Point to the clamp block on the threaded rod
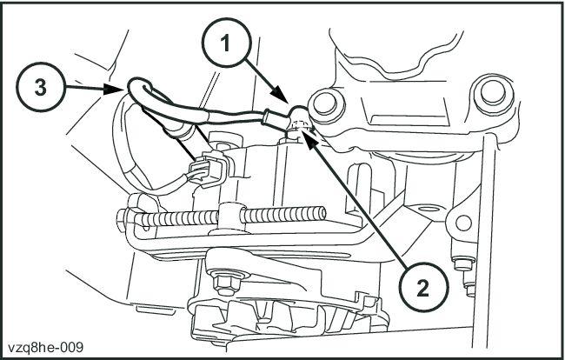tap(229, 212)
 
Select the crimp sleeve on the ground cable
tap(272, 113)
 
